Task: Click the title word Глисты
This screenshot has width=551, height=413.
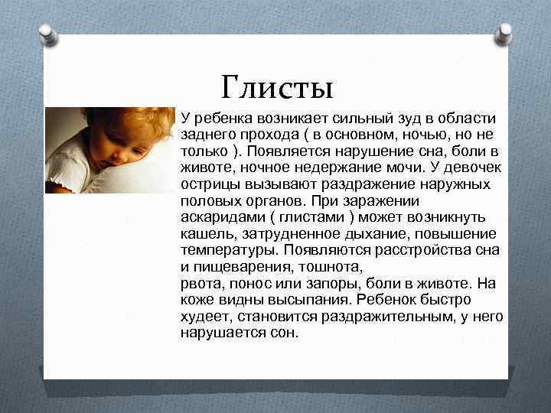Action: pos(276,88)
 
